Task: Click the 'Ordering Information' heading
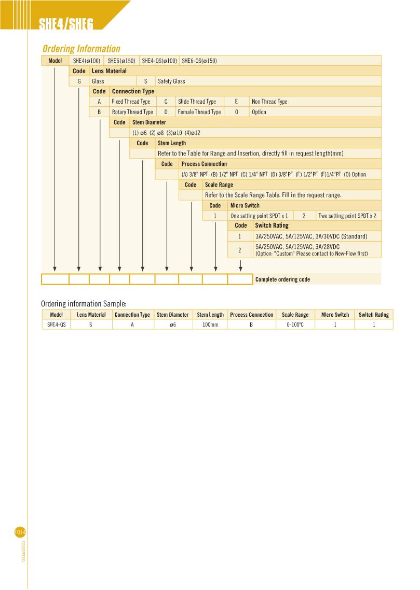[81, 49]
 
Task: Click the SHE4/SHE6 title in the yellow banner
[66, 24]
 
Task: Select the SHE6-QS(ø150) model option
[199, 61]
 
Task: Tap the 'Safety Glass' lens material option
[171, 81]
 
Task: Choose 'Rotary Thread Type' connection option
[132, 112]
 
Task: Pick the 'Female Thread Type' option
[199, 112]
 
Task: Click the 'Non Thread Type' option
[269, 102]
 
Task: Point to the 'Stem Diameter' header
[149, 122]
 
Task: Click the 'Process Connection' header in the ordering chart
[204, 164]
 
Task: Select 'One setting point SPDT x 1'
[259, 216]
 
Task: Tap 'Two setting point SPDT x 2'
[347, 216]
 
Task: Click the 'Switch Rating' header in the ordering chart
[272, 226]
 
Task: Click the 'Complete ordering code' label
[282, 279]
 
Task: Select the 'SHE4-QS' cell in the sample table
[56, 325]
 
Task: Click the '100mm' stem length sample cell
[210, 325]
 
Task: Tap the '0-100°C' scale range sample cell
[295, 325]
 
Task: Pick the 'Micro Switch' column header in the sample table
[335, 315]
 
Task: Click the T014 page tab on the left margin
[20, 532]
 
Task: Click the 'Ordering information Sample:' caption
[84, 303]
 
